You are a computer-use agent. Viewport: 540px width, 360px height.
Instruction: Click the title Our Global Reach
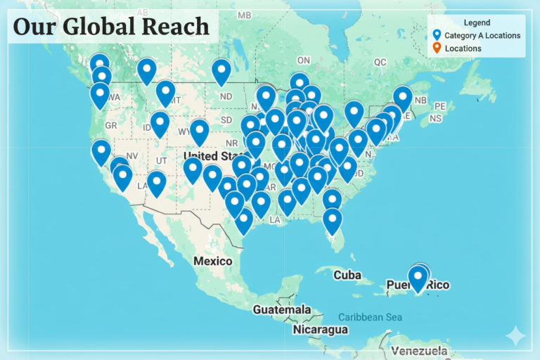[111, 27]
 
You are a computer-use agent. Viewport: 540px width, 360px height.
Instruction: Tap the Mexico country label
[212, 261]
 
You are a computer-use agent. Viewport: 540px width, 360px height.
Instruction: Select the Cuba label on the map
[347, 274]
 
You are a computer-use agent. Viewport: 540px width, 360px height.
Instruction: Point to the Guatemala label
[282, 309]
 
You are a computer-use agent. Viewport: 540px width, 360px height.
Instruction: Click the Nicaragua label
[321, 329]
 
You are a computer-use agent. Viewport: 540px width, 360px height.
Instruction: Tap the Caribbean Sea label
[370, 317]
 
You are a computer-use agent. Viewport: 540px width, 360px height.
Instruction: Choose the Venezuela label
[419, 350]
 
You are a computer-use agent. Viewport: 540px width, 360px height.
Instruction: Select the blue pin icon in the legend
[437, 35]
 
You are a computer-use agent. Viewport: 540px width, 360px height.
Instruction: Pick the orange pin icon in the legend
[437, 48]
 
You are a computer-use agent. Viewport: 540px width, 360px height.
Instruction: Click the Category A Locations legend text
[482, 35]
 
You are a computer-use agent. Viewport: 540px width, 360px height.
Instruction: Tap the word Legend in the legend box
[476, 23]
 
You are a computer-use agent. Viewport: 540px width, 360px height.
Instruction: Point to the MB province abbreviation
[244, 15]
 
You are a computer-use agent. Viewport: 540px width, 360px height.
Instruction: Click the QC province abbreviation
[380, 62]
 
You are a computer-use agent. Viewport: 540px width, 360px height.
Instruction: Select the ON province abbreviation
[304, 60]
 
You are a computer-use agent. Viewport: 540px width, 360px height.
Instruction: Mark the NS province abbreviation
[435, 119]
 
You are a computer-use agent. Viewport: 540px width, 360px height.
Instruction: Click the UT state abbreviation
[162, 160]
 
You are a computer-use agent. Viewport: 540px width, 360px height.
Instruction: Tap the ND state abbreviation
[226, 96]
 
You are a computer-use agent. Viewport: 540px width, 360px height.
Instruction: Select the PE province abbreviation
[440, 105]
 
